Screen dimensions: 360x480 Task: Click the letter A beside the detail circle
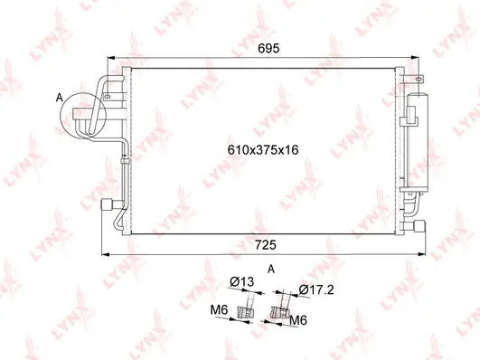tap(60, 96)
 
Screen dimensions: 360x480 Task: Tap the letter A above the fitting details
tap(270, 269)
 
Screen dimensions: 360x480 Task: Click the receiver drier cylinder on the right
tap(417, 140)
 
